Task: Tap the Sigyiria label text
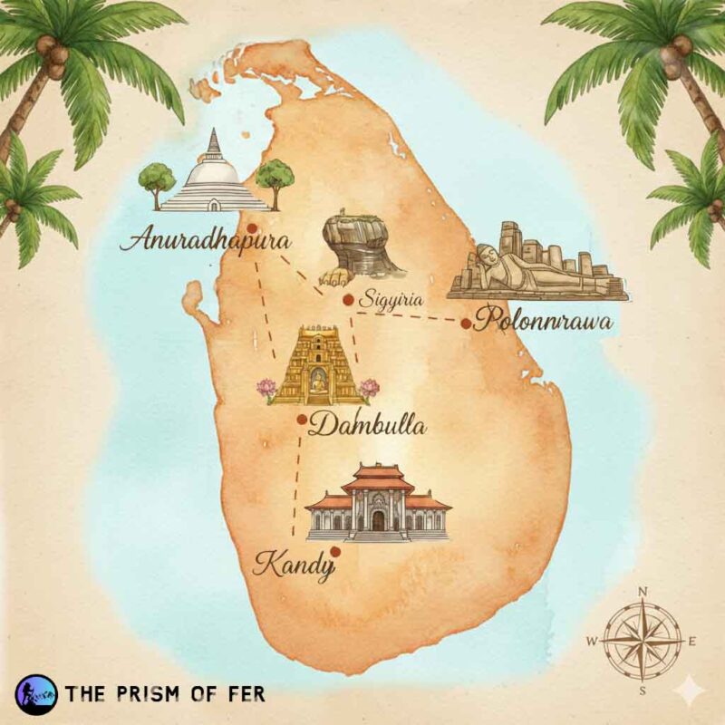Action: tap(391, 297)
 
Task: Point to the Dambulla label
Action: tap(366, 425)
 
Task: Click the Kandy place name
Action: tap(293, 566)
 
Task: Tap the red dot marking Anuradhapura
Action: tap(253, 229)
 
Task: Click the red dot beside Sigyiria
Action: tap(347, 298)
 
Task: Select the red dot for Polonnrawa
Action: tap(466, 323)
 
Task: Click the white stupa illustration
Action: tap(215, 177)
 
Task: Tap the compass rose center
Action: tap(642, 641)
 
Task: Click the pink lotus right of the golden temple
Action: tap(369, 388)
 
